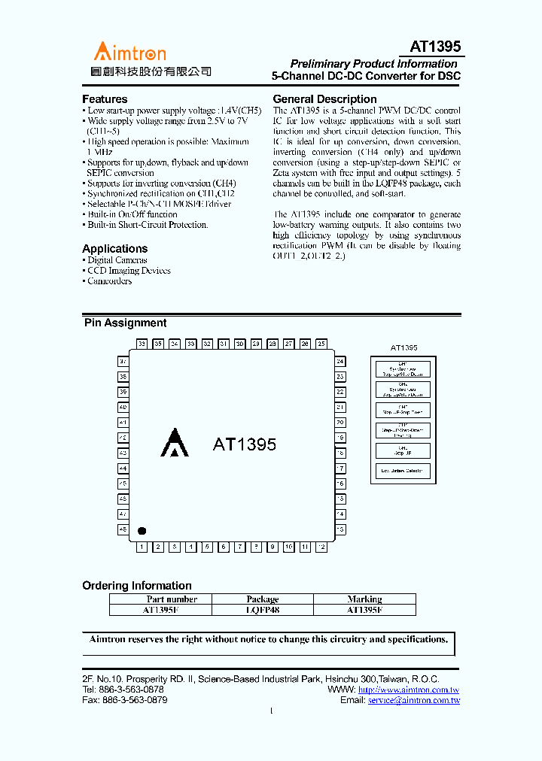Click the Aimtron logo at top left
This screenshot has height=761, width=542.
(129, 52)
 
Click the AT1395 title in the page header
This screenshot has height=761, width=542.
(435, 47)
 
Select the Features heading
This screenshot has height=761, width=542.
(105, 99)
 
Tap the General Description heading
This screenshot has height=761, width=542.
(324, 99)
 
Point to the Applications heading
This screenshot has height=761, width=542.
(114, 249)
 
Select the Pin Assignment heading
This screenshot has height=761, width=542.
(125, 323)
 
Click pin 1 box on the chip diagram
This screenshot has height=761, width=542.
(142, 547)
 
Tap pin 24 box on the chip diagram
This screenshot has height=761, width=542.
(340, 362)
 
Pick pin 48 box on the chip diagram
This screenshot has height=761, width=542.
(123, 529)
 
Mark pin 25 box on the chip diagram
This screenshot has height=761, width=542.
(321, 344)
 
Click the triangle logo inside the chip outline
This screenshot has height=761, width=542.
(175, 443)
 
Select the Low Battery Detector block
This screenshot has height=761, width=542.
(403, 471)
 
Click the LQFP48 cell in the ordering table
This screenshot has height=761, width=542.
(262, 611)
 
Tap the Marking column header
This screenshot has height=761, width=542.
(364, 599)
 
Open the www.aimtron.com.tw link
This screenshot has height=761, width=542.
(409, 690)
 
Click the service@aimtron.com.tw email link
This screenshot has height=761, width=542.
(413, 700)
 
